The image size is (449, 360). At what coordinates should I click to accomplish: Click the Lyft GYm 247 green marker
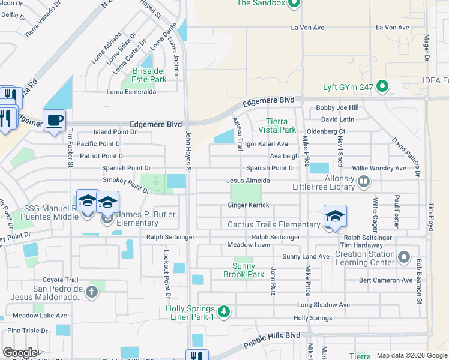(382, 88)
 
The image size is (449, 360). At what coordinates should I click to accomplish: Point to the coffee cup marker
(54, 121)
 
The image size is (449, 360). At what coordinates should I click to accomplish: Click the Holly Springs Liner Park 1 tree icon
(223, 311)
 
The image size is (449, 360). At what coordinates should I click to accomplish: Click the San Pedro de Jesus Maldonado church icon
(91, 292)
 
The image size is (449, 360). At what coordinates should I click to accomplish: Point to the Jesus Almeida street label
(252, 181)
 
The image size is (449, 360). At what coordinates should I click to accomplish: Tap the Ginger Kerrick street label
(248, 205)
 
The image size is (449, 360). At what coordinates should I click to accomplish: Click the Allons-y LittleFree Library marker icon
(363, 180)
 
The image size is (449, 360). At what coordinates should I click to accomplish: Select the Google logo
(20, 353)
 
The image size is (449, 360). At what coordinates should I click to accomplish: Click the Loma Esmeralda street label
(131, 92)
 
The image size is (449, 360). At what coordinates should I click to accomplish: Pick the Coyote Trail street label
(60, 280)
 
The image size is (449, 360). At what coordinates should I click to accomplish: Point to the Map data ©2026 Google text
(412, 355)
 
